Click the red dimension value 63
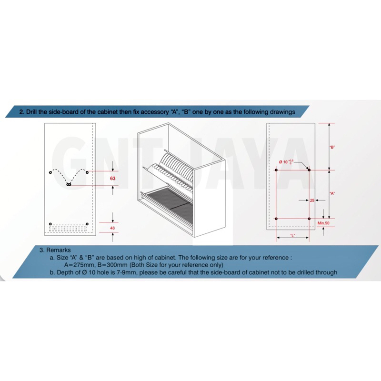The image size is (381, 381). [112, 178]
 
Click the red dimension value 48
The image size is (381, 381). [112, 228]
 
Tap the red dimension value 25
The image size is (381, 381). [312, 201]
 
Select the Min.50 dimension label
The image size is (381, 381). [323, 223]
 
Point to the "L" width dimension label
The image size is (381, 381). [292, 235]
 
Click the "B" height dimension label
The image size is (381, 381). [332, 147]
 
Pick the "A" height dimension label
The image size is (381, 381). [332, 193]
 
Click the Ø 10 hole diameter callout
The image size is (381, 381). [286, 161]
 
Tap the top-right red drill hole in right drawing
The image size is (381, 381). [309, 170]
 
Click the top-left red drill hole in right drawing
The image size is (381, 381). [276, 170]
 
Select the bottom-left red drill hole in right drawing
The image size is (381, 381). [276, 219]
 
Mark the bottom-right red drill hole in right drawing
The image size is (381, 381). [309, 219]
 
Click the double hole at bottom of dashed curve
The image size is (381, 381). [69, 185]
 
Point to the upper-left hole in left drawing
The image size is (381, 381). [50, 172]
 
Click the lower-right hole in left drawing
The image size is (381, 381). [87, 224]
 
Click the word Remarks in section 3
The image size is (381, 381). [59, 250]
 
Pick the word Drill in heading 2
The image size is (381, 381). [31, 112]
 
